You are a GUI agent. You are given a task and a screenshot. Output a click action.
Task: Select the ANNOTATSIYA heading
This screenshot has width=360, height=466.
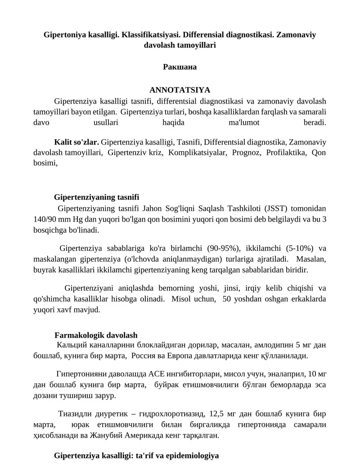pos(180,90)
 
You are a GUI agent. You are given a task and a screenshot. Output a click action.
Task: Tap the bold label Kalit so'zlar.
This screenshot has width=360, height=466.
pos(76,142)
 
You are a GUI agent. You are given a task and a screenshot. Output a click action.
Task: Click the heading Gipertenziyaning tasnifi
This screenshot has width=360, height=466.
pos(96,197)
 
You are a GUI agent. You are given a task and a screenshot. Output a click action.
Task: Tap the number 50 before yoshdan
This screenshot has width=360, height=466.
pos(227,299)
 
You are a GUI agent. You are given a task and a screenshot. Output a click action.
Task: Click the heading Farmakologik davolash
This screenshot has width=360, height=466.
pos(96,335)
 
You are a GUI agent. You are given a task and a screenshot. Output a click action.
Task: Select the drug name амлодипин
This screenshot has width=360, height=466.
pos(275,345)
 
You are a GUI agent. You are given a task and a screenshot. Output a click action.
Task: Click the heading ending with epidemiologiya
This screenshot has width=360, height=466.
pos(136,456)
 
